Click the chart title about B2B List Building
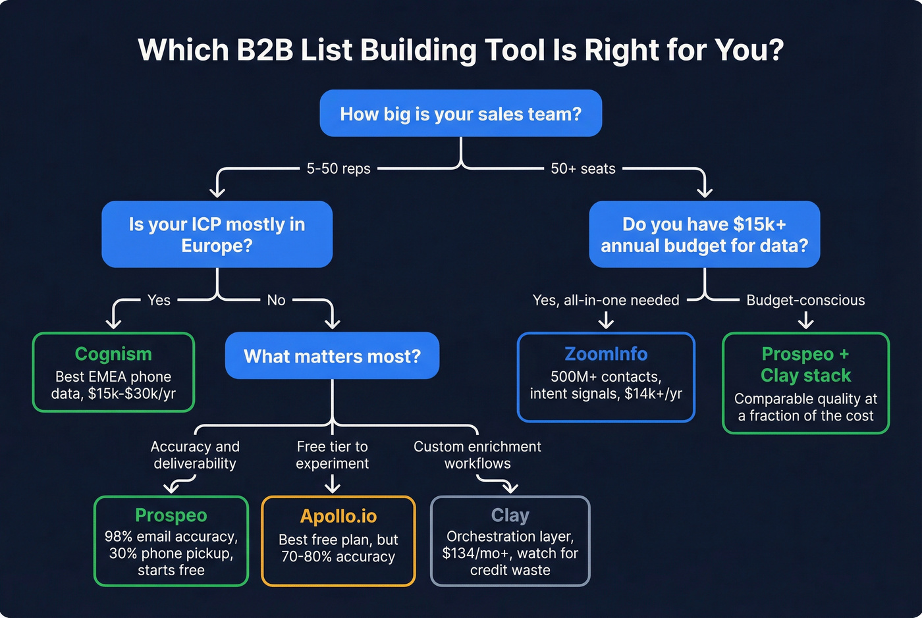pos(460,50)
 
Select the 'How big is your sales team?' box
pos(460,114)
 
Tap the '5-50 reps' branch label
pos(339,168)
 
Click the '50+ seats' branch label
pos(583,168)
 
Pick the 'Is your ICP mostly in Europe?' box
pos(217,234)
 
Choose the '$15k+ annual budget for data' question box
pos(704,234)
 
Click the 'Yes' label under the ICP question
pos(159,300)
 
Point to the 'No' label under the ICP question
pos(276,300)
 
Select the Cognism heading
pos(113,354)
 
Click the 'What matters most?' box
pos(332,356)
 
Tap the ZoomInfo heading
pos(606,354)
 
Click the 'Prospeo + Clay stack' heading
pos(805,365)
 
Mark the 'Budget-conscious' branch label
pos(805,300)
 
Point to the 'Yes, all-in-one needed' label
pos(606,300)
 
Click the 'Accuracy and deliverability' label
pos(195,455)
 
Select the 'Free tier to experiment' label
pos(332,455)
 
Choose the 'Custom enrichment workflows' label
pos(477,455)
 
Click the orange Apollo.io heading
pos(339,516)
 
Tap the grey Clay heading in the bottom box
pos(510,515)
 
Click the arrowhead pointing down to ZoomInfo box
pos(606,322)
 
